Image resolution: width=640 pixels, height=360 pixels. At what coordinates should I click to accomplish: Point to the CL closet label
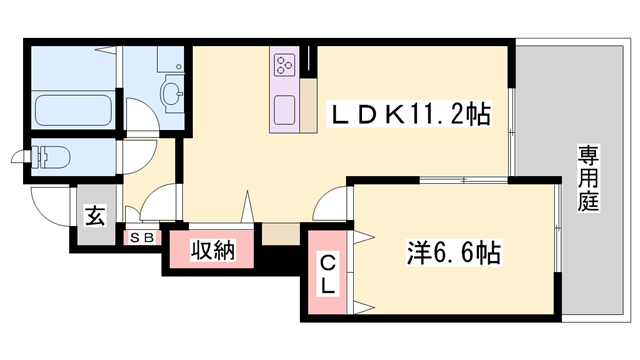[x=328, y=272]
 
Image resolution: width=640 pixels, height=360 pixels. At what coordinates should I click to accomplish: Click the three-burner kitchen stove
[x=282, y=66]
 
